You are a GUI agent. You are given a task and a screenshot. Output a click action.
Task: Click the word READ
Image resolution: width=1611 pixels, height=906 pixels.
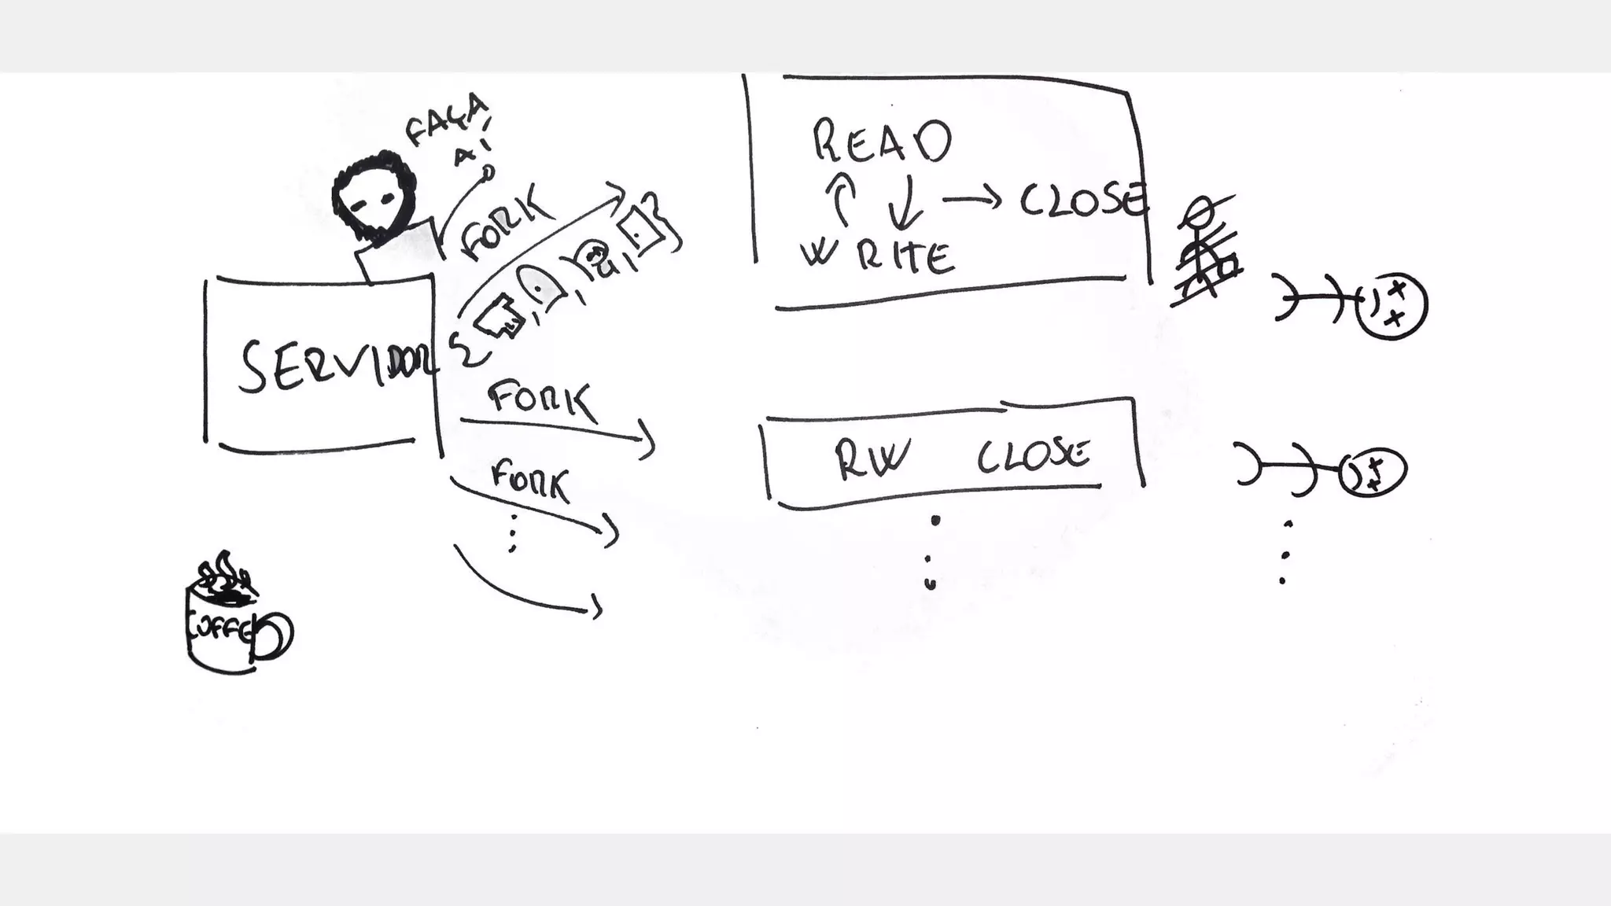(x=881, y=142)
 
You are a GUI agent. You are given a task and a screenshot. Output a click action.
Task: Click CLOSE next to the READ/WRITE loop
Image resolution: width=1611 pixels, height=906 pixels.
(x=1082, y=201)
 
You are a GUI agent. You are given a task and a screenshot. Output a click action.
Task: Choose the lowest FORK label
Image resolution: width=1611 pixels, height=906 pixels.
(x=529, y=481)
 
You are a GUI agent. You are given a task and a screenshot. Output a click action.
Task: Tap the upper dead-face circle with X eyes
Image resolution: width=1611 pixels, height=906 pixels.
(x=1392, y=305)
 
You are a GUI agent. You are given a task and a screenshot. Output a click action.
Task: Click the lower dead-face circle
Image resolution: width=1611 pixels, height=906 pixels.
(x=1372, y=473)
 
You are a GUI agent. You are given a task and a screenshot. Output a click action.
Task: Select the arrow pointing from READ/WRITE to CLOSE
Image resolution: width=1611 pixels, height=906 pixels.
(x=972, y=200)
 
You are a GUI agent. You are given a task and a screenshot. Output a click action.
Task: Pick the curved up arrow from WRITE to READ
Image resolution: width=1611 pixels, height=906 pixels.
(x=841, y=199)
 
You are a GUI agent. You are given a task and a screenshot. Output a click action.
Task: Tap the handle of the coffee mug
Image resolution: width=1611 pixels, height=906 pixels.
(x=275, y=635)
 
